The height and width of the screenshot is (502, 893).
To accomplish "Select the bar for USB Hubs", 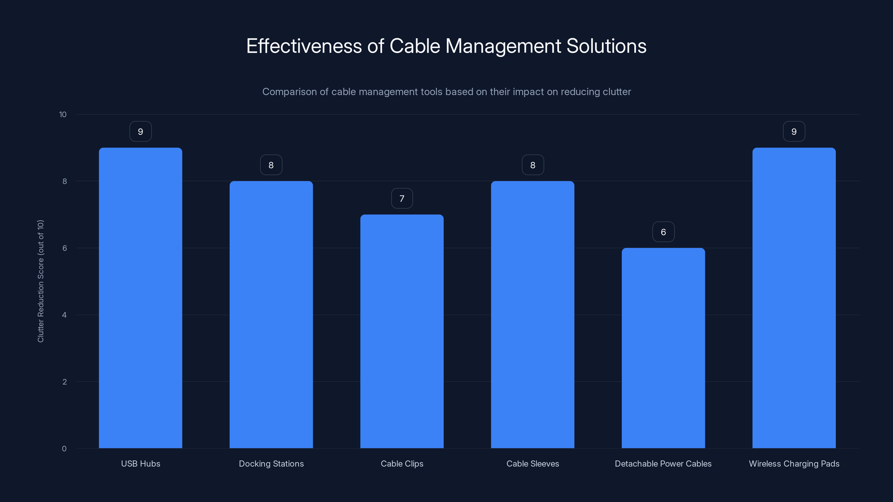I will click(x=140, y=298).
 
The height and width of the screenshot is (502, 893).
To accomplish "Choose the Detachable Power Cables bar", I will click(x=663, y=348).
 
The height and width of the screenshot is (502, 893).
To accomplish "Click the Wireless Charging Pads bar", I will click(x=794, y=298).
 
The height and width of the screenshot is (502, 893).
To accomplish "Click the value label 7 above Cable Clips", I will click(x=402, y=199).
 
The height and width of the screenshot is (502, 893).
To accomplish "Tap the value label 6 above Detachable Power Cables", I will click(x=663, y=232).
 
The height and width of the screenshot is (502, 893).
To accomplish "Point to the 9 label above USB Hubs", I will click(x=140, y=132).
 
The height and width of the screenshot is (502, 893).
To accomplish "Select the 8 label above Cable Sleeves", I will click(x=532, y=165).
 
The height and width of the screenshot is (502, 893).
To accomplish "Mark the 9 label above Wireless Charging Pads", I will click(x=794, y=132).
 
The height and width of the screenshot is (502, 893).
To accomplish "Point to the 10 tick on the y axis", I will click(x=63, y=114).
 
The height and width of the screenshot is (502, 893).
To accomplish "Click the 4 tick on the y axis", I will click(x=64, y=315).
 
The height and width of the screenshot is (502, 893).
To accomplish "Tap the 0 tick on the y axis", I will click(x=64, y=449).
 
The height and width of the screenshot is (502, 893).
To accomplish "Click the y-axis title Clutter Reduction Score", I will click(x=40, y=281).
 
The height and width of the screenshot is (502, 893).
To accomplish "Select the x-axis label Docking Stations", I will click(x=271, y=464).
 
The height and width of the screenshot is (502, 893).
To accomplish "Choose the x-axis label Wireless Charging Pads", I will click(x=794, y=464).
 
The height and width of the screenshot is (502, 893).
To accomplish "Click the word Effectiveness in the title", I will click(x=304, y=46).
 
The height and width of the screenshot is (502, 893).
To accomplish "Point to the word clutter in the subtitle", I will click(x=617, y=92).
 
